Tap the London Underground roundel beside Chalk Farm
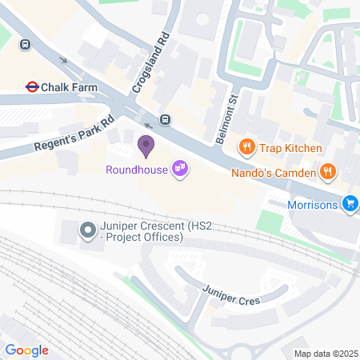pos(33,86)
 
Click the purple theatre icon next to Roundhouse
pos(182,168)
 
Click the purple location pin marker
pos(146,146)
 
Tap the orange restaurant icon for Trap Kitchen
pos(247,147)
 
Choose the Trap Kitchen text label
pos(290,148)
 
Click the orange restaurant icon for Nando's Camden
pos(327,171)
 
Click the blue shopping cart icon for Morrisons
pos(350,204)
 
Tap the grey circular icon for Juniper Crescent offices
pos(87,232)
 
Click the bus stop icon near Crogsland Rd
pos(165,120)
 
